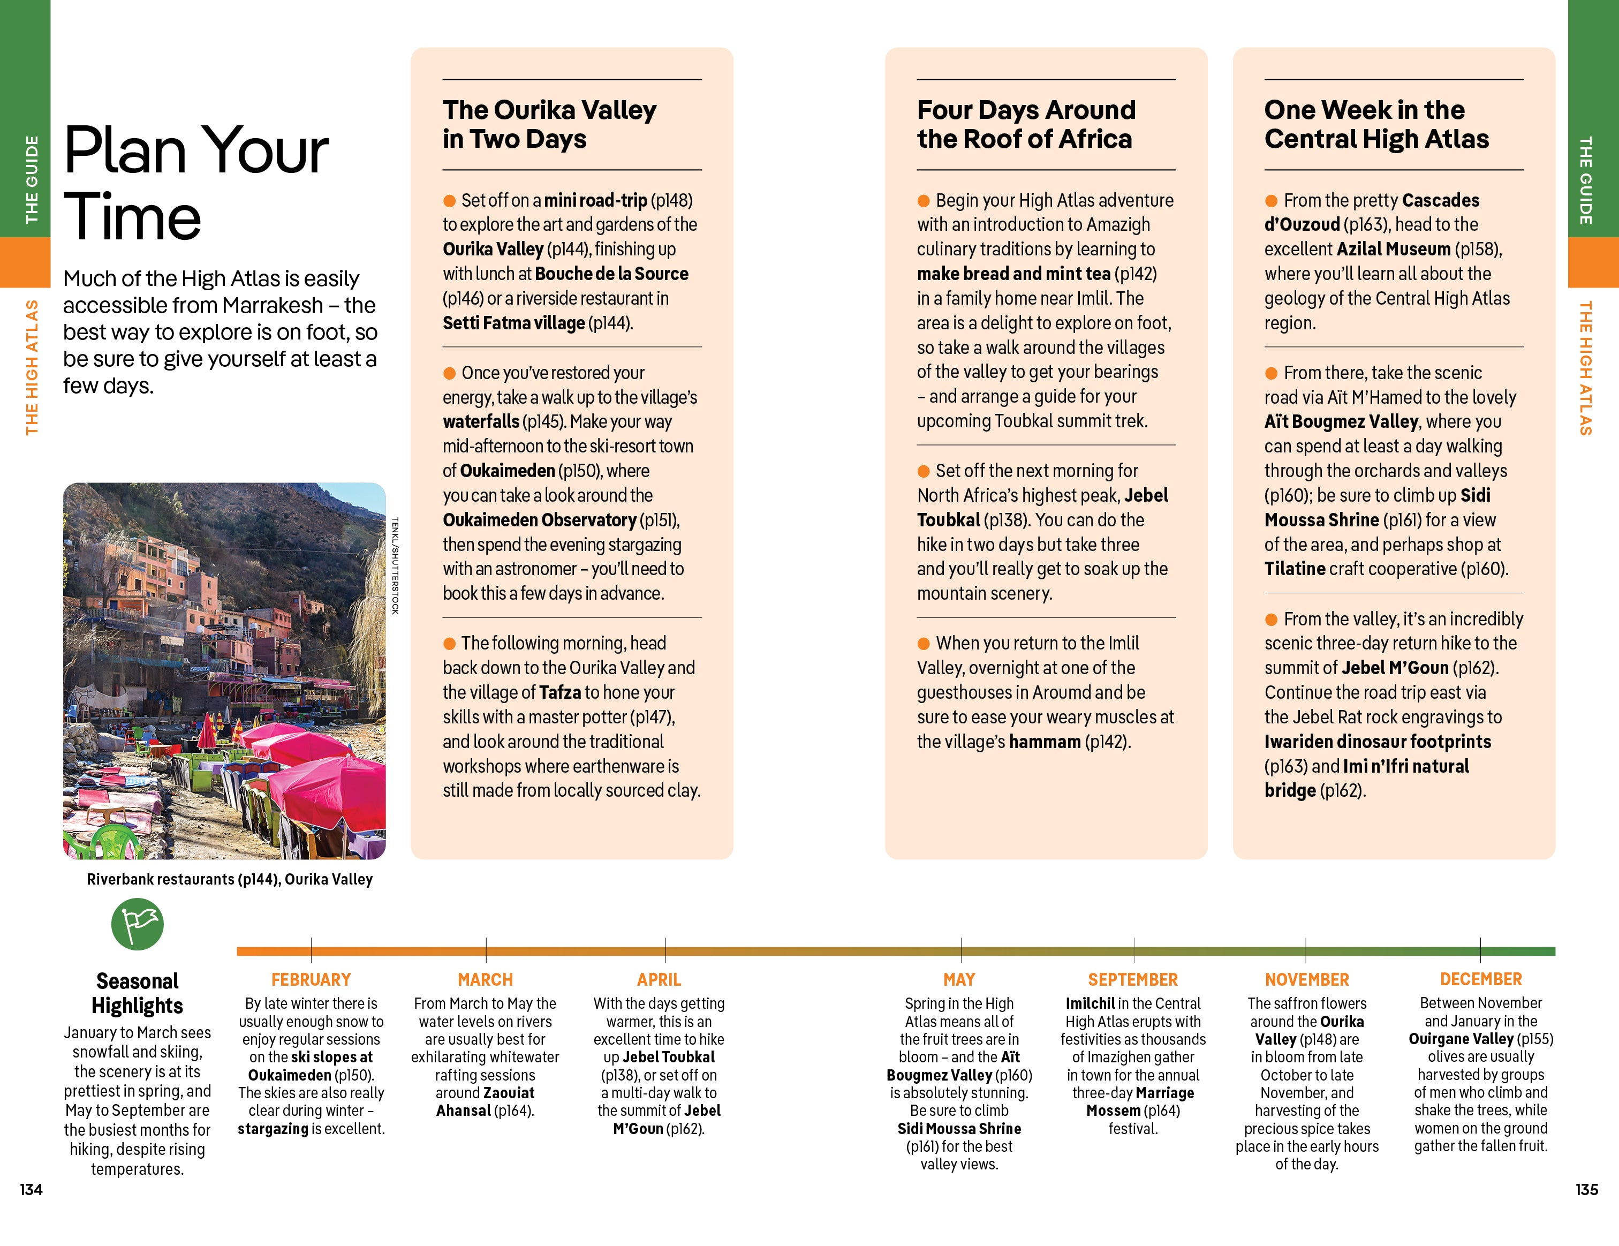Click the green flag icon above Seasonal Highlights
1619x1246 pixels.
[x=137, y=924]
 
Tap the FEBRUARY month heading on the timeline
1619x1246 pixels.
[x=311, y=979]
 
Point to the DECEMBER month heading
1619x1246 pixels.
[x=1480, y=979]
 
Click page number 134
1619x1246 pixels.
[x=31, y=1190]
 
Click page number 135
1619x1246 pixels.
[x=1586, y=1190]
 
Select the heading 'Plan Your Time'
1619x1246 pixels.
[x=196, y=183]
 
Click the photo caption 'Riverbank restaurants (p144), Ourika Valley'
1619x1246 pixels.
[x=229, y=879]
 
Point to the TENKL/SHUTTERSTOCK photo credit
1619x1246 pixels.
[x=395, y=565]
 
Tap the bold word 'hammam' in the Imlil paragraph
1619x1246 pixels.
[x=1045, y=741]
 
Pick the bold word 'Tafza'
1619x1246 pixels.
[x=559, y=692]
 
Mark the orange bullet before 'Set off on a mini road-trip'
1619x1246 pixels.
[x=449, y=201]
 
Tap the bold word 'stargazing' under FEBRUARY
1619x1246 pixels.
[x=273, y=1129]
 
